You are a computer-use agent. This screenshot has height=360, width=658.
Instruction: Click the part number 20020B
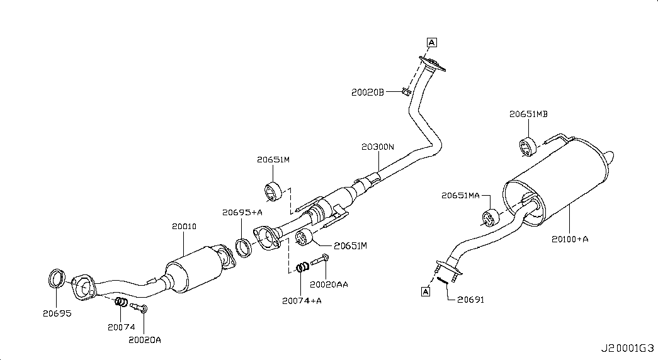click(x=368, y=92)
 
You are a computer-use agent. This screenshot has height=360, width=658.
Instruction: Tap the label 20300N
click(x=377, y=147)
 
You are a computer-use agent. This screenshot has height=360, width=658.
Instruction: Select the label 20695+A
click(x=242, y=213)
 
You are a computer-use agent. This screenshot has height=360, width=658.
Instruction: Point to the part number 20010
click(x=184, y=226)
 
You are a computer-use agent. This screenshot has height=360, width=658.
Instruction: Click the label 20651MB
click(x=528, y=114)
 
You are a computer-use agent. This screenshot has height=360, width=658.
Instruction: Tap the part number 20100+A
click(x=570, y=239)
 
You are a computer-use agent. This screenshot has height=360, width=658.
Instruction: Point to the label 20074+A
click(x=302, y=300)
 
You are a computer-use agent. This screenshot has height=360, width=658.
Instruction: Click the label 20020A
click(x=145, y=340)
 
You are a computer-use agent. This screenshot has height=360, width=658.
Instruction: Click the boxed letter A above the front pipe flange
click(x=431, y=43)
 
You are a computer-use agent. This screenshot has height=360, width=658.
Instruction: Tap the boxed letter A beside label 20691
click(x=426, y=291)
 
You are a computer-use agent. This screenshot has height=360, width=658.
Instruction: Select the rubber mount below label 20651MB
click(x=527, y=145)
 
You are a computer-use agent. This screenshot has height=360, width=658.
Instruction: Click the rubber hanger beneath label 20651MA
click(x=491, y=217)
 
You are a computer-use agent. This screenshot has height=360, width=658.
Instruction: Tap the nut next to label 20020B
click(x=406, y=93)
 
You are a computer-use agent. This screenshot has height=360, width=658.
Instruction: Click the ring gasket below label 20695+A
click(x=244, y=247)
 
